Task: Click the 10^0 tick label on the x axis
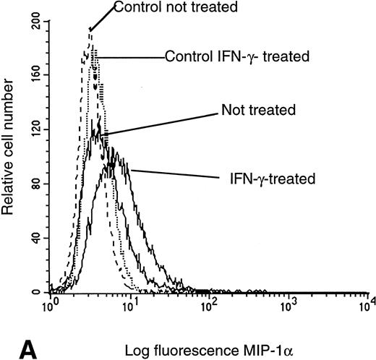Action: click(49, 307)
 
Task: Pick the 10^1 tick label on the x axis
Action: click(129, 307)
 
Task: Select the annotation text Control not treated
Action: click(166, 9)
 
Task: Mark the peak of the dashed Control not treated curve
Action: click(90, 30)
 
